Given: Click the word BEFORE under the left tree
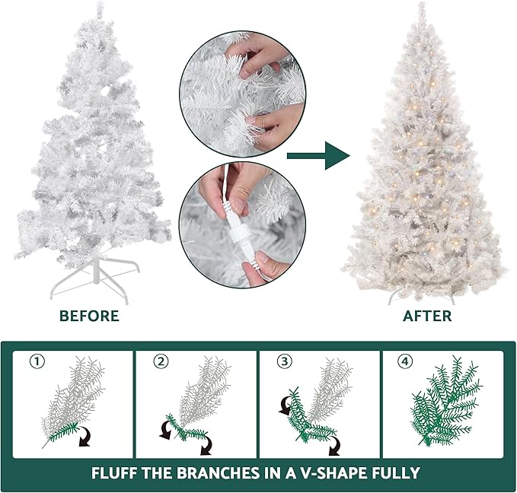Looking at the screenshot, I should (x=89, y=316).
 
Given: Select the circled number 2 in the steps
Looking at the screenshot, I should (x=160, y=361).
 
